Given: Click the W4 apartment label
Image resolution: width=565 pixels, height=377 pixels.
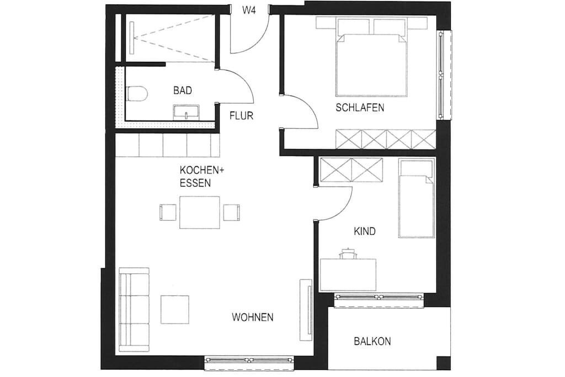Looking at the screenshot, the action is click(x=249, y=10).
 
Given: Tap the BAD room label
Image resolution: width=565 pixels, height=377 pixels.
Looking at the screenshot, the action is click(x=183, y=90).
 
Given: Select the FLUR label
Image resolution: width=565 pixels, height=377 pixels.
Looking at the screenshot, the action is click(x=242, y=116).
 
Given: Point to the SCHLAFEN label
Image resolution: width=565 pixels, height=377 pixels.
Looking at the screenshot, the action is click(x=360, y=108).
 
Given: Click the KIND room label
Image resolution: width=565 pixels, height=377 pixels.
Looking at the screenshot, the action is click(x=365, y=231).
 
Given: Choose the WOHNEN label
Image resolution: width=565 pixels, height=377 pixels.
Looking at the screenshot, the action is click(x=253, y=317).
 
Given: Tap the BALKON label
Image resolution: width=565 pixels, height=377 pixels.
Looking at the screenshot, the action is click(x=372, y=341).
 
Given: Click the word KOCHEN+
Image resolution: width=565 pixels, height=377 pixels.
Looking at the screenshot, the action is click(x=202, y=170).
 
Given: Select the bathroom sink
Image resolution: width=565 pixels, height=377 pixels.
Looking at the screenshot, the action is click(x=186, y=111).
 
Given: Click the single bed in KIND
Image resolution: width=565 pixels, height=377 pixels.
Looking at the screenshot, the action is click(x=417, y=198).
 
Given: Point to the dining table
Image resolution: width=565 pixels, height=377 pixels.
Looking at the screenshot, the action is click(x=200, y=213).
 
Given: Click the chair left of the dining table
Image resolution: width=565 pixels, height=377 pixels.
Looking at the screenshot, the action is click(x=168, y=213).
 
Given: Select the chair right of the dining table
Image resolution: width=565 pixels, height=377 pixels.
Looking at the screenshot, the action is click(x=231, y=213).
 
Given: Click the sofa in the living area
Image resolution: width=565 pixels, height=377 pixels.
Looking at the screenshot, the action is click(x=134, y=310).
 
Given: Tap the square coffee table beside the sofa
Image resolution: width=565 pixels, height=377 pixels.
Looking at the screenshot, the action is click(x=175, y=309).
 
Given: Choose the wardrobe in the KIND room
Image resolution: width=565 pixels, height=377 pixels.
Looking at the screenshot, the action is click(x=351, y=170).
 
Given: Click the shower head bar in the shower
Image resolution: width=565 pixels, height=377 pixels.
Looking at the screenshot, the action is click(x=132, y=38).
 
